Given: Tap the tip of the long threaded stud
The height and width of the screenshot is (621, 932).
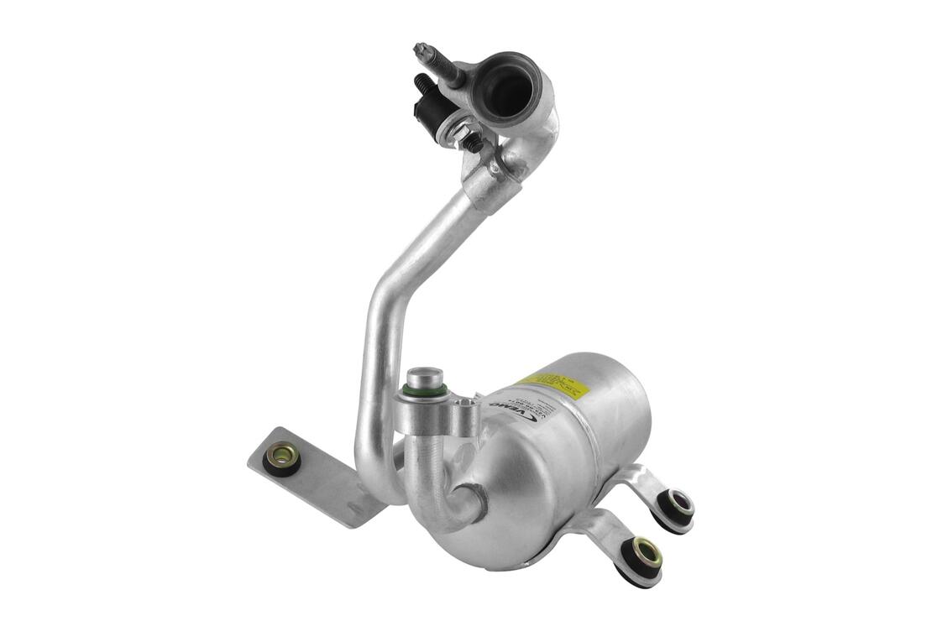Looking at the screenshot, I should pos(420,50).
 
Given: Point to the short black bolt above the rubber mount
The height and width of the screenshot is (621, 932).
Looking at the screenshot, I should pos(421,84).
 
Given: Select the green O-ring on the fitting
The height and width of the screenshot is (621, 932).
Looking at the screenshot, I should pos(426,390).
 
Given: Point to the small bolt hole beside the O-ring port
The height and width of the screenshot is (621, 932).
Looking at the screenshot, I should pos(461,410).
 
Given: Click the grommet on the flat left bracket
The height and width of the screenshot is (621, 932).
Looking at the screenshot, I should pos(281,458).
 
